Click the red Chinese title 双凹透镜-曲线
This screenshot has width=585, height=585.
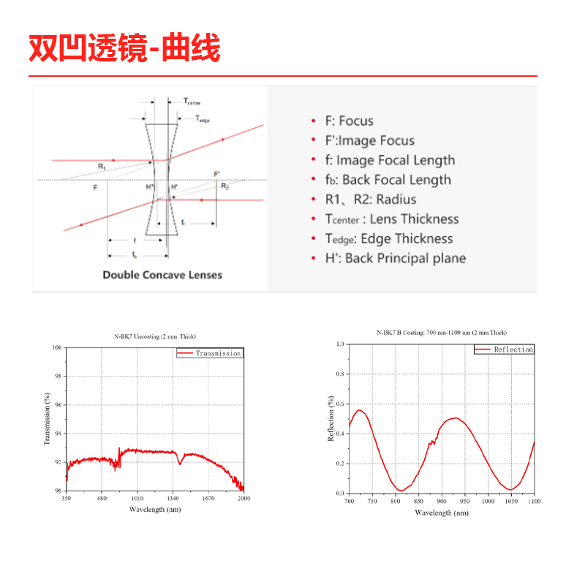[124, 48]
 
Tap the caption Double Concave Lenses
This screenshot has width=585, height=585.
[162, 275]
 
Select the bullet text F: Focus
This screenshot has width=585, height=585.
[349, 121]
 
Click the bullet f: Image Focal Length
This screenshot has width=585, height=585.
[390, 160]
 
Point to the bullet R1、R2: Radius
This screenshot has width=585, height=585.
[371, 200]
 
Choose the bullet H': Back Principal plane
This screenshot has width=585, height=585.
[395, 258]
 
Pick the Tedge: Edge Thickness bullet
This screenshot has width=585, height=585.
[389, 238]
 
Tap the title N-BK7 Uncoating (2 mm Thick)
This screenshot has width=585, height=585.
[155, 336]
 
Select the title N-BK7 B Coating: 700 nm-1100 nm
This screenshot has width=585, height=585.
[441, 333]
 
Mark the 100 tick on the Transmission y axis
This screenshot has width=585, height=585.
[57, 348]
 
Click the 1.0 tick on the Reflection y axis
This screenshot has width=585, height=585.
[339, 344]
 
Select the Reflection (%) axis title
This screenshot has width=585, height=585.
[331, 418]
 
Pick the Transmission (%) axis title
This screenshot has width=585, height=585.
[48, 419]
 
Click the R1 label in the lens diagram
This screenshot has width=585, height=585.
[102, 167]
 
